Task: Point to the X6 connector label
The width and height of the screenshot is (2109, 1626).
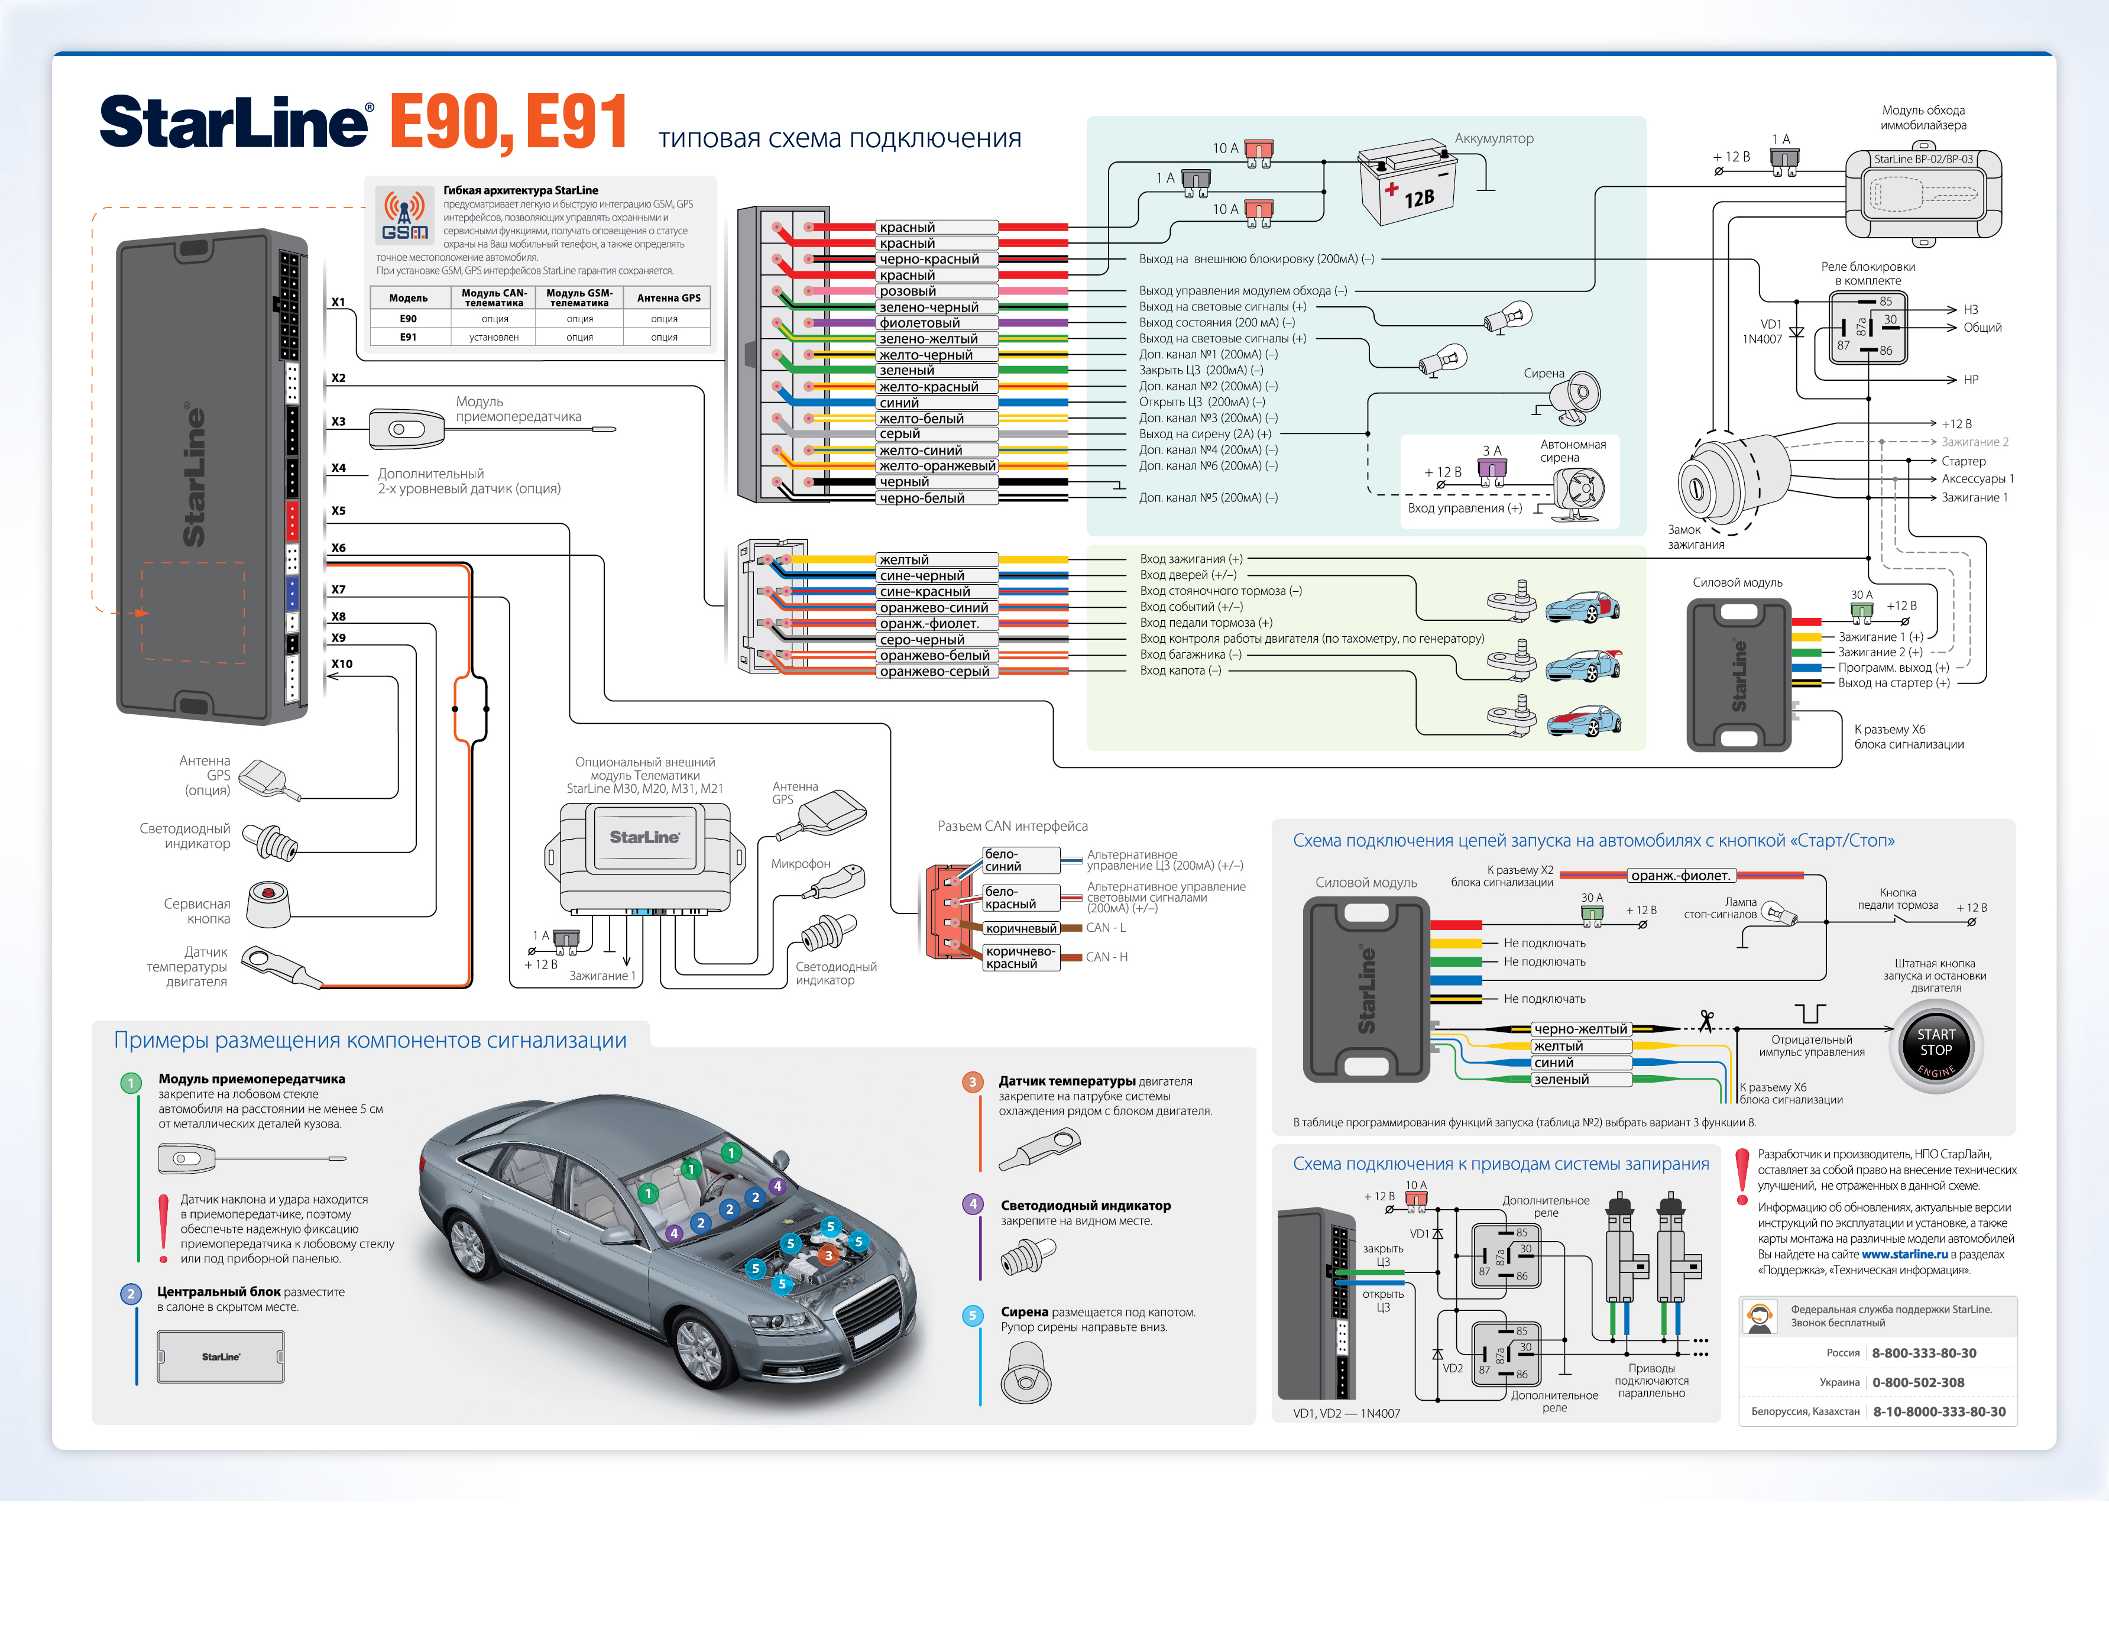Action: (x=338, y=548)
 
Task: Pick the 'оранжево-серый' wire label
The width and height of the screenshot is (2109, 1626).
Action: (x=934, y=671)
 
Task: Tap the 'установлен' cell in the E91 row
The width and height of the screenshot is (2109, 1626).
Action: (x=494, y=337)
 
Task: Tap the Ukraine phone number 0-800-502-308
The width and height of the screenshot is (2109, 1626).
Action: (x=1918, y=1382)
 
